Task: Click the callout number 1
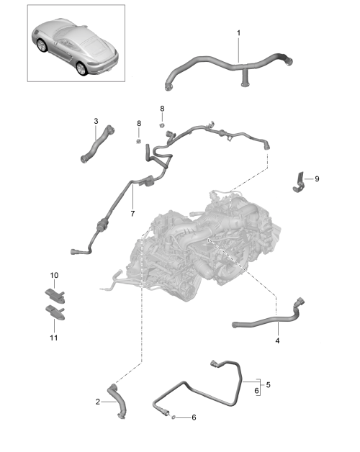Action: (x=238, y=33)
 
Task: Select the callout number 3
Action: (x=96, y=121)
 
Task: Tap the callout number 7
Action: (x=132, y=214)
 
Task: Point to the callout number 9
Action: (x=317, y=178)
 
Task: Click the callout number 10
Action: (x=54, y=275)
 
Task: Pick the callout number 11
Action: (x=54, y=338)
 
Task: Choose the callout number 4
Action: (x=277, y=340)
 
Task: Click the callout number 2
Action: (x=98, y=402)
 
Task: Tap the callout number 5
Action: (x=269, y=385)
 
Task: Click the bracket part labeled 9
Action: (x=299, y=184)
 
